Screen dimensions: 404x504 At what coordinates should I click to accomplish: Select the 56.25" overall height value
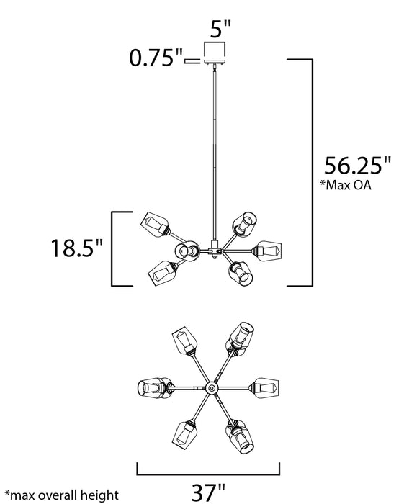tap(357, 166)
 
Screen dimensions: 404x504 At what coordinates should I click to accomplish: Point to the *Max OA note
tap(346, 185)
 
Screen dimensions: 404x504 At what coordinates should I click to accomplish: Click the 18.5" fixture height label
tap(77, 248)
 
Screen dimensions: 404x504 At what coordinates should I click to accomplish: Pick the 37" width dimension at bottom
tap(209, 492)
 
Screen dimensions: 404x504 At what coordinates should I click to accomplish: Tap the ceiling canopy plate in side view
tap(215, 61)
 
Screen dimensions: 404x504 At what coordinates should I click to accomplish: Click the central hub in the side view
tap(214, 250)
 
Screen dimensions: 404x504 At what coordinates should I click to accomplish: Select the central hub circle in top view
tap(211, 388)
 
